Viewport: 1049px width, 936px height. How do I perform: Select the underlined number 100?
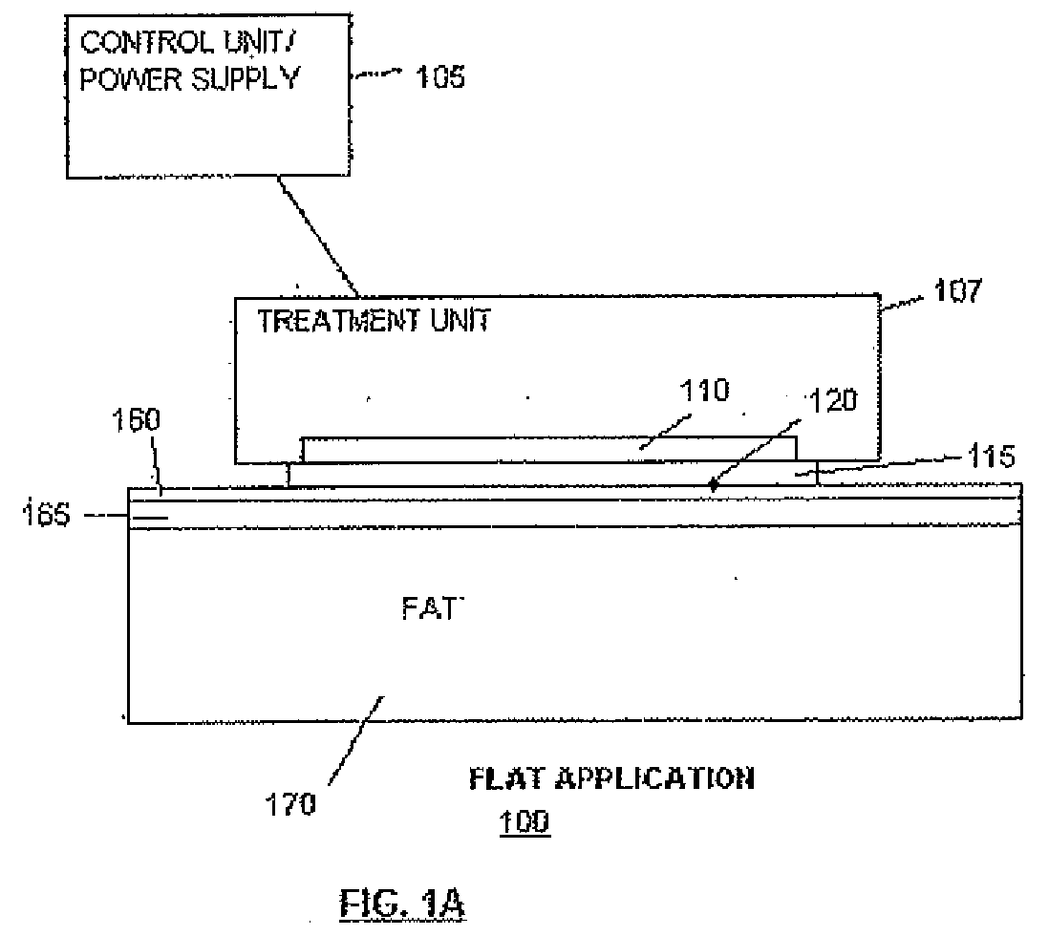(524, 820)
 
